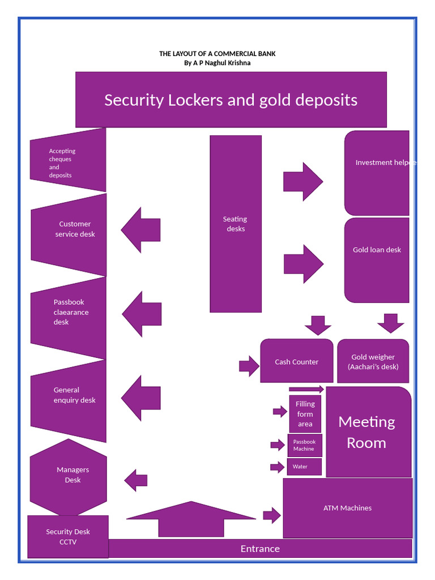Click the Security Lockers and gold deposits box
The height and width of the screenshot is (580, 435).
pos(231,100)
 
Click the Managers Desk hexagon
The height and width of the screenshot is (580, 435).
pos(69,476)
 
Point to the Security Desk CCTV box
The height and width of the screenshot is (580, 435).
pos(68,536)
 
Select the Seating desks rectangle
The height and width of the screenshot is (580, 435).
pos(236,224)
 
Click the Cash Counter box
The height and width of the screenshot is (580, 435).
pos(297,361)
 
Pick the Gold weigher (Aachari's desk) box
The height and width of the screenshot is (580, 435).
pos(373,361)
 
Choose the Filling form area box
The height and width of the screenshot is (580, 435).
pos(305,414)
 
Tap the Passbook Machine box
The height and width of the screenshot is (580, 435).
pos(304,445)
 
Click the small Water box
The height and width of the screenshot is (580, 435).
pos(304,467)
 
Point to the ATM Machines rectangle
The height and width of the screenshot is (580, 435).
pos(347,508)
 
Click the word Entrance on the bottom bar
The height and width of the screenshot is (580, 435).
pos(260,548)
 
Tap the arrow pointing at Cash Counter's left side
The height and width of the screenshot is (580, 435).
pos(249,366)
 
